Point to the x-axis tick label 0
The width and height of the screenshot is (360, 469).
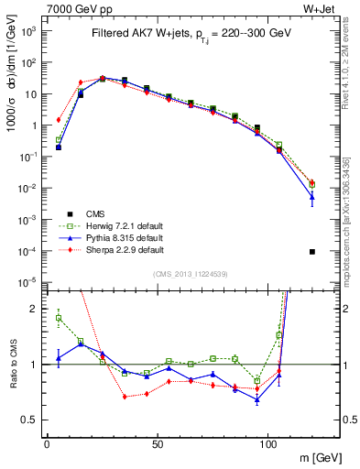[x=47, y=442]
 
